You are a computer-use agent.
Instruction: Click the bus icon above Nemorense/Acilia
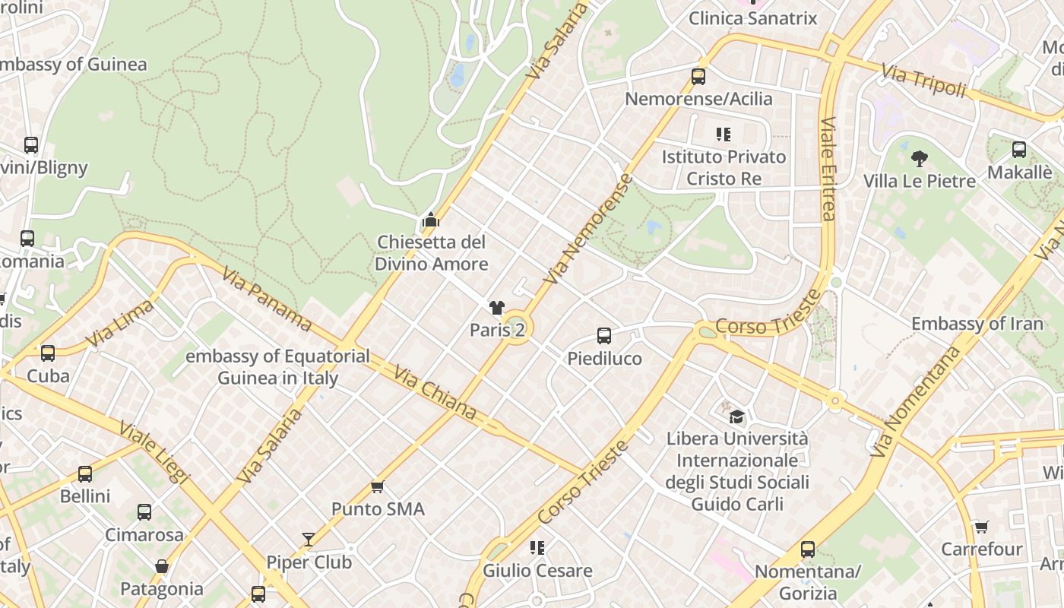(698, 77)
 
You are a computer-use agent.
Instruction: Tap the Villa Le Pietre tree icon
(920, 159)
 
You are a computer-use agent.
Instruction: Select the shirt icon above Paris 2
(497, 308)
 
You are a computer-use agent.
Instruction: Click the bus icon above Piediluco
(604, 336)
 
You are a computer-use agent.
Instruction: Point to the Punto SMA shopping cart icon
(378, 486)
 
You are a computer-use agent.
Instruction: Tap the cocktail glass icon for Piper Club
(309, 540)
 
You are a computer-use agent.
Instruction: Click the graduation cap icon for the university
(736, 416)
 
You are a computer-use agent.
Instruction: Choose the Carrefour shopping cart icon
(982, 527)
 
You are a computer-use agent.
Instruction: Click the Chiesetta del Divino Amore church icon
(431, 220)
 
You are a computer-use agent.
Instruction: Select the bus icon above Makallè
(1019, 150)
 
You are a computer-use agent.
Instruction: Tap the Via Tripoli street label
(923, 80)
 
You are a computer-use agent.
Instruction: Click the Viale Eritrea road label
(828, 169)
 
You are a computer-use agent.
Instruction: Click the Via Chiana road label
(434, 392)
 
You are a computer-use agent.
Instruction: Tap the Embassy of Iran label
(977, 324)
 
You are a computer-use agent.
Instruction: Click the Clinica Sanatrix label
(752, 18)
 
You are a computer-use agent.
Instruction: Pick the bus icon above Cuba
(48, 353)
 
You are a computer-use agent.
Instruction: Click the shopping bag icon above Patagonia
(162, 566)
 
